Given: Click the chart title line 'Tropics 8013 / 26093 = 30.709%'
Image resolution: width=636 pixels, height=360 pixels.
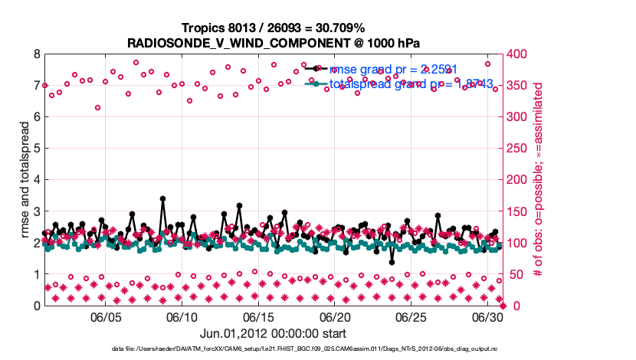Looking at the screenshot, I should click(274, 28).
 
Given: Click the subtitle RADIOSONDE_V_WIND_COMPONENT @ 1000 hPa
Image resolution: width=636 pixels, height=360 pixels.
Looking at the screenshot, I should click(274, 42).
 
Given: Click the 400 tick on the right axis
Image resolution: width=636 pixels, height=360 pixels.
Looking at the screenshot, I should click(519, 54).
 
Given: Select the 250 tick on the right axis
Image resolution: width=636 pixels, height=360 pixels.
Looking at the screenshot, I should click(519, 149).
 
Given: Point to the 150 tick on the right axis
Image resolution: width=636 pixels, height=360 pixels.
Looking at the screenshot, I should click(519, 211).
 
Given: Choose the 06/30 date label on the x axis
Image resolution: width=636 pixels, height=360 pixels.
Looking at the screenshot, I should click(488, 317).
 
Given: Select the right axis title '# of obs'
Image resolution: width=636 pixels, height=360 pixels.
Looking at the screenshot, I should click(539, 180).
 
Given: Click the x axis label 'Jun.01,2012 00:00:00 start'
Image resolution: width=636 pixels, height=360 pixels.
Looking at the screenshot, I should click(274, 333).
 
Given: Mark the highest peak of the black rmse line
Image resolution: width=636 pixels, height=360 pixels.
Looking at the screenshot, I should click(163, 198).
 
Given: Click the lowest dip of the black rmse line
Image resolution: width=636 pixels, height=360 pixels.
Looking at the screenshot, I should click(392, 262).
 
